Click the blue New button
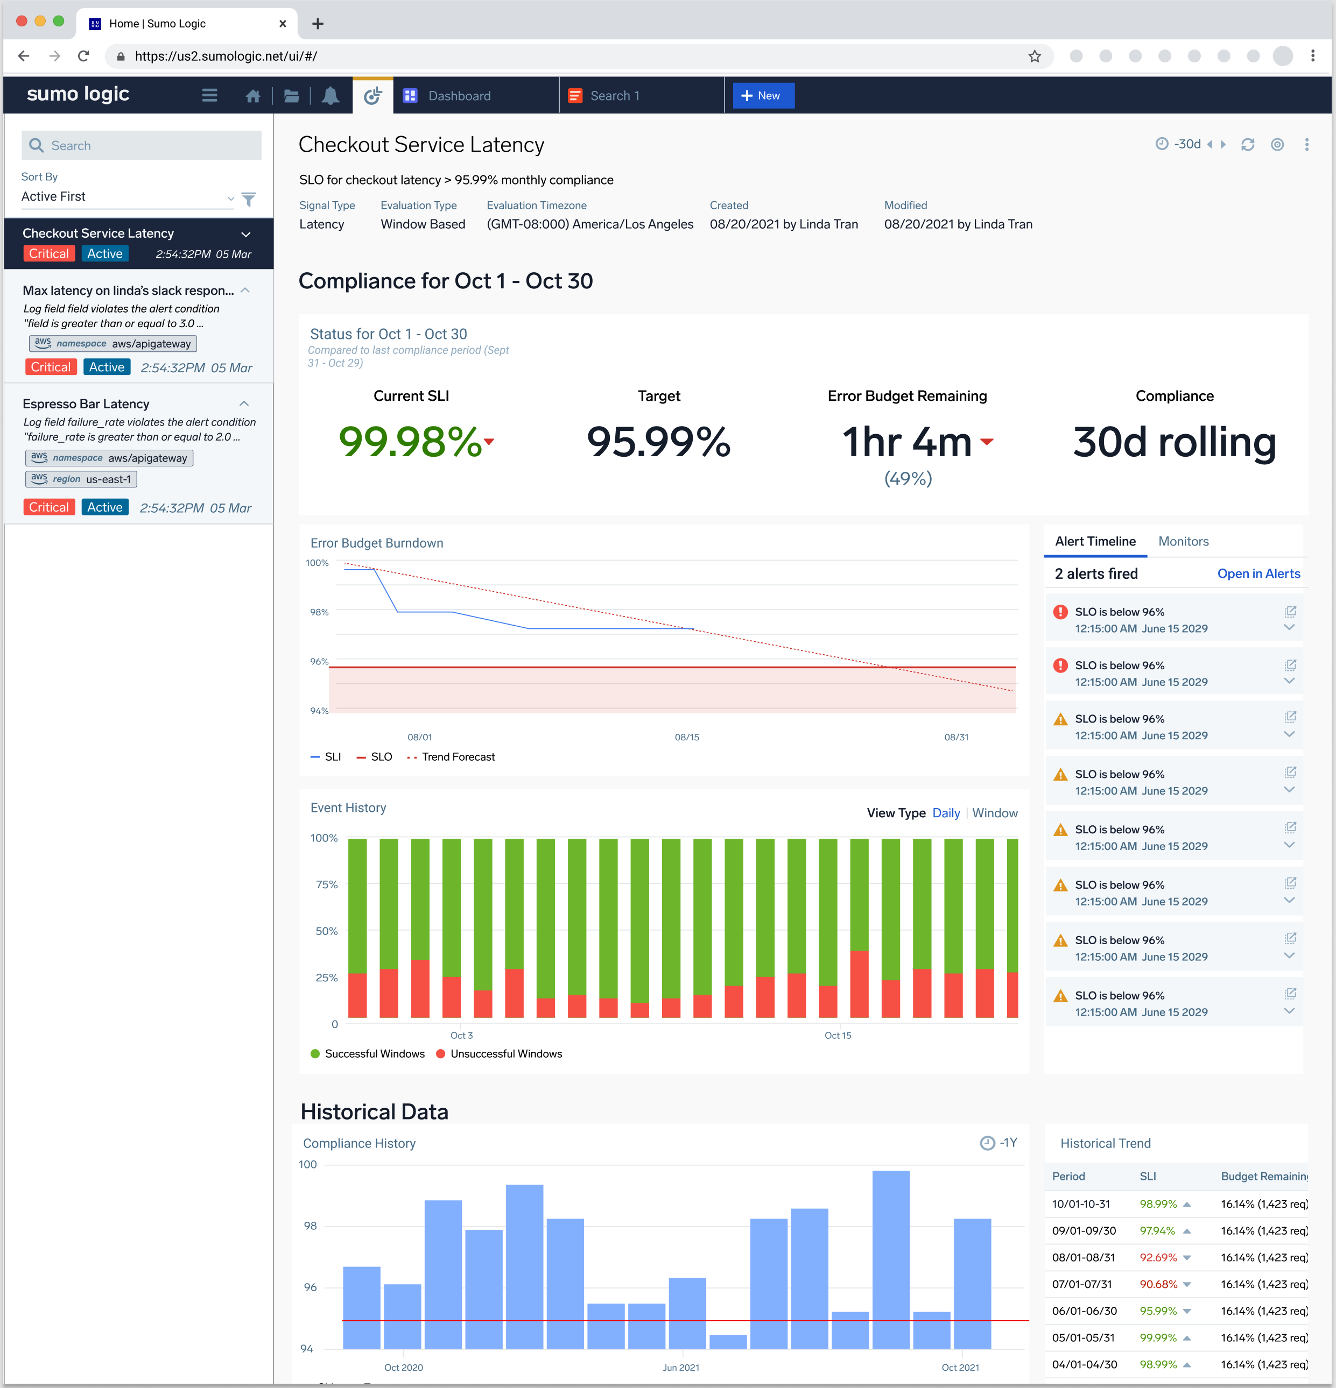pos(763,96)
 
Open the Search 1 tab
pos(614,96)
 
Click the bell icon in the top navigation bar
pos(330,96)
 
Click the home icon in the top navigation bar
pos(253,96)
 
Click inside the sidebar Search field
pos(142,145)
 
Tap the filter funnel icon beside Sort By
pos(249,200)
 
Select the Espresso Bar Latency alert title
pos(86,403)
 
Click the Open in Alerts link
pos(1258,573)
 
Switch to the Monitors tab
pos(1183,541)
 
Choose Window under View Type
pos(995,813)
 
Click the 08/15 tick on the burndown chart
pos(686,737)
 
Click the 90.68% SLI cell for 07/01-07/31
pos(1157,1284)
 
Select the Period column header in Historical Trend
pos(1068,1176)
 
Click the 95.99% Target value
pos(658,442)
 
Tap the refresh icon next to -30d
pos(1247,145)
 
